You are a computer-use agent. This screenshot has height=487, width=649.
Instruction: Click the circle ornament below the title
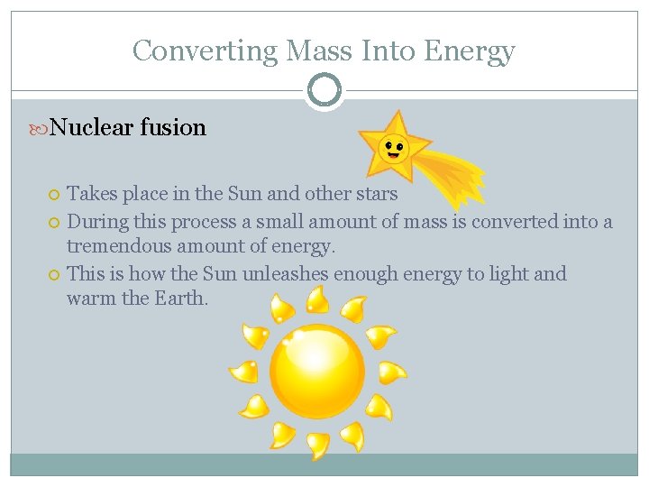324,91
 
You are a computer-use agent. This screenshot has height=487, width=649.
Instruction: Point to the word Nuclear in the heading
92,127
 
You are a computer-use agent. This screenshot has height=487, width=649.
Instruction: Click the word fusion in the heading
173,127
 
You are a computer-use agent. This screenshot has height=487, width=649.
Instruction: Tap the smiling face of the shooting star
393,146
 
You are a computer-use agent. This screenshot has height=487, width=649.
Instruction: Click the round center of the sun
317,371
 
